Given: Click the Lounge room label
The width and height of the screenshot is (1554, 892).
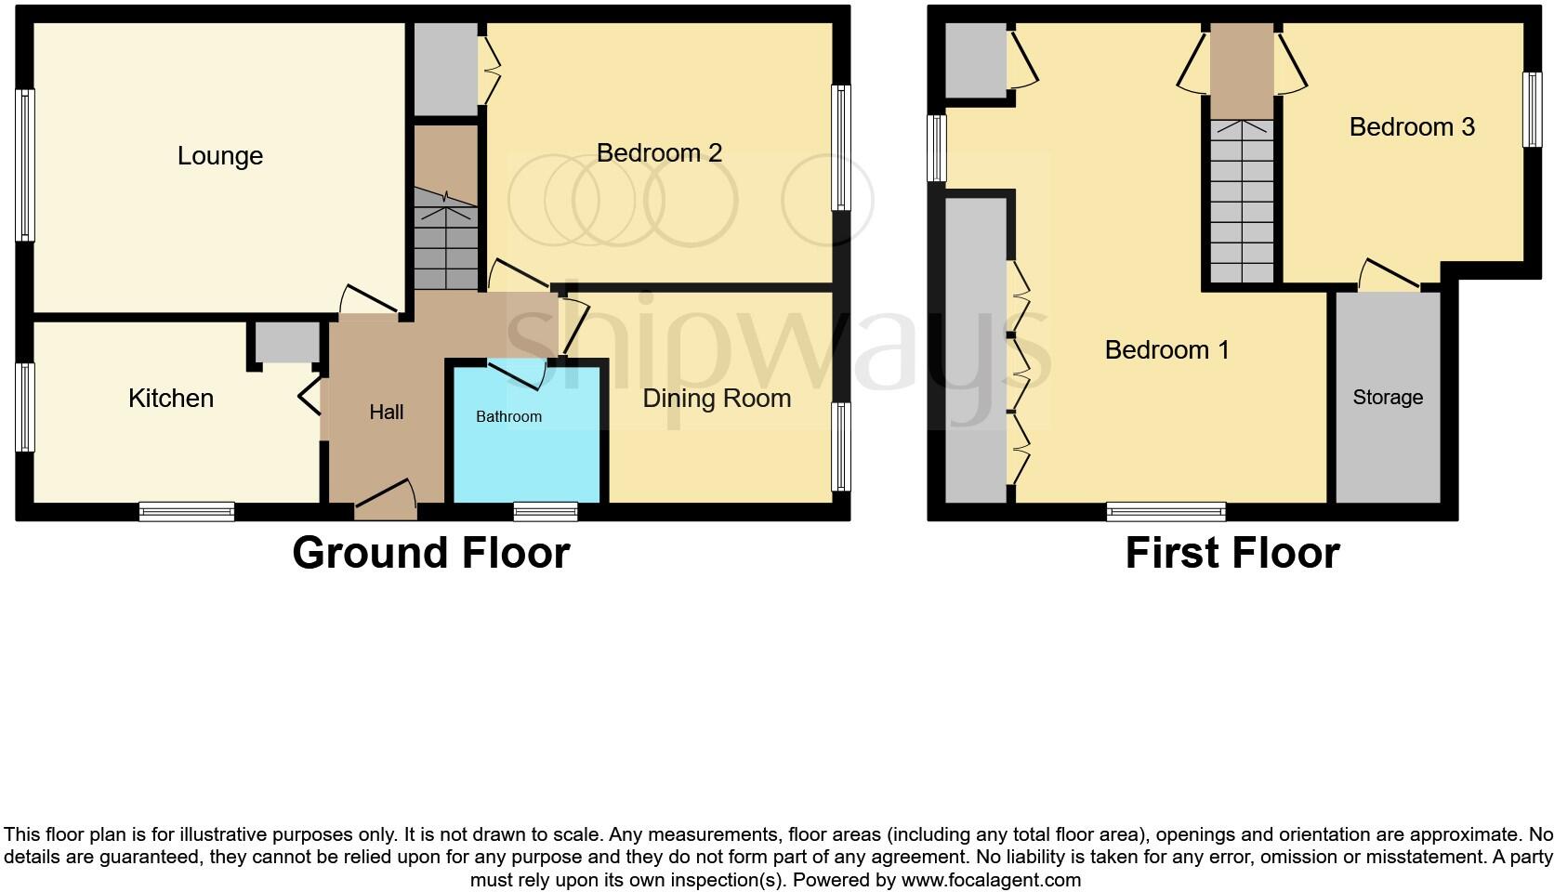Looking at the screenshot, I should [x=220, y=156].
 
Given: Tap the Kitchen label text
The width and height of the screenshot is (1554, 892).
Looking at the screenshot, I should [x=171, y=399].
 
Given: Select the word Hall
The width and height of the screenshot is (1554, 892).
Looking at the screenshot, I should [x=387, y=412].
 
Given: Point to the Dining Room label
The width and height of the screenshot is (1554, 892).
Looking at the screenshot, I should [x=717, y=399].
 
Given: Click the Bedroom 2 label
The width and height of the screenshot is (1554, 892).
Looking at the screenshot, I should [x=659, y=152].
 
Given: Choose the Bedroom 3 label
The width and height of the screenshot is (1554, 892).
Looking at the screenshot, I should [x=1411, y=127].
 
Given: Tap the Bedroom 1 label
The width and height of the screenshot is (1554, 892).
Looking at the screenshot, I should [x=1166, y=350].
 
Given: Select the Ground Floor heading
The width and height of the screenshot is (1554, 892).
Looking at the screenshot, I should [x=430, y=553].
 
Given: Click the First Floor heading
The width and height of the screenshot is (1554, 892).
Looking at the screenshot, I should [x=1231, y=553].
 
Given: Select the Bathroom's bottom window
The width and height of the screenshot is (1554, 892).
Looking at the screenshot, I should [x=546, y=510].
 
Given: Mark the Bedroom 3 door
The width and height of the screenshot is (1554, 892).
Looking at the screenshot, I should [x=1390, y=276].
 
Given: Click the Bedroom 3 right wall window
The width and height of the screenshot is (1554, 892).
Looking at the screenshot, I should [x=1530, y=110].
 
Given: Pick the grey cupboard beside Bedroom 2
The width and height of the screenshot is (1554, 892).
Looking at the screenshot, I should [x=445, y=70].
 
